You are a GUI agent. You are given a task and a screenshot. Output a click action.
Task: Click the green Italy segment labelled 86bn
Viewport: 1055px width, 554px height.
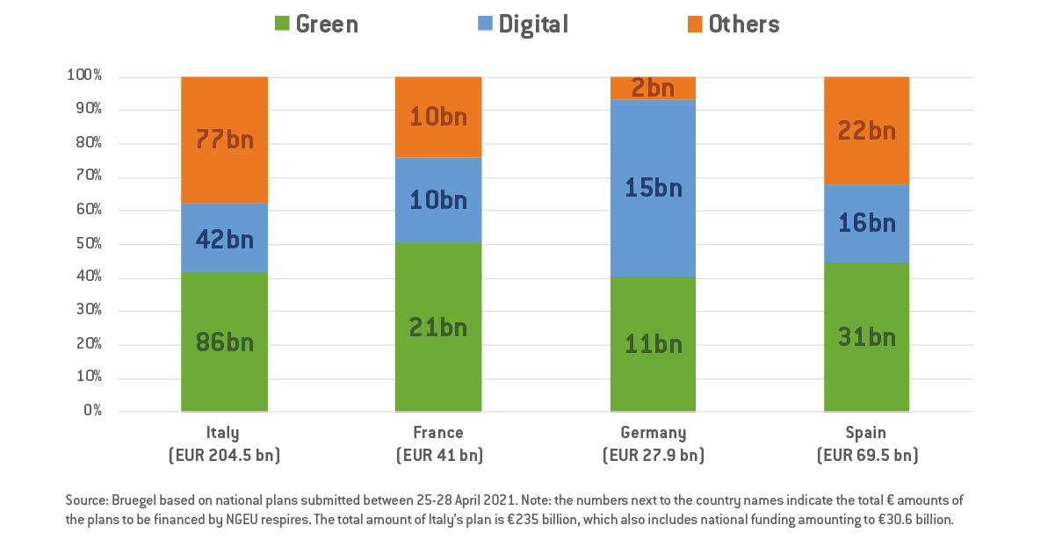(224, 342)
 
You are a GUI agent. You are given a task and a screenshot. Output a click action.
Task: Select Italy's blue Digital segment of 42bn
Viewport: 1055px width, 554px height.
(224, 238)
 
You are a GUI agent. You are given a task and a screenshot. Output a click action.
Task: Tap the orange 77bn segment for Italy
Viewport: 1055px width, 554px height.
(224, 140)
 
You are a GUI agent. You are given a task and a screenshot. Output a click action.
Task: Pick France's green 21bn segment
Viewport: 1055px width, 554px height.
(438, 327)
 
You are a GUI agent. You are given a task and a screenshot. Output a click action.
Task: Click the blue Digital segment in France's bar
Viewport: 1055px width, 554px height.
(438, 199)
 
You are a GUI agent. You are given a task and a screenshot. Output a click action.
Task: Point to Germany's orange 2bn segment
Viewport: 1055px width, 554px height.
(653, 88)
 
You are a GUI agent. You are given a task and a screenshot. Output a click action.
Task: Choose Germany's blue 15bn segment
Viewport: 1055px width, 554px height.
(653, 188)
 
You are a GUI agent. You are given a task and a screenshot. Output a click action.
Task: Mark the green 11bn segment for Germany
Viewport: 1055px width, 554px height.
(653, 344)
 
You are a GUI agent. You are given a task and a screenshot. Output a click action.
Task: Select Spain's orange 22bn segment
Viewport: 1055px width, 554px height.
(866, 130)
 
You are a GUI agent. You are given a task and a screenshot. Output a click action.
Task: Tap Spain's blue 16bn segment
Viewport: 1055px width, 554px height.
(866, 223)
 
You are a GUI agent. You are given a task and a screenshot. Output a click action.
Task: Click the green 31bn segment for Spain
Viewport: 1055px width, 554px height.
(866, 337)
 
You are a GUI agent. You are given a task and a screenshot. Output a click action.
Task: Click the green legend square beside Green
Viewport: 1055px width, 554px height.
(282, 25)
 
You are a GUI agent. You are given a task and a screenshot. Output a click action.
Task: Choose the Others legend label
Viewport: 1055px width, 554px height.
(743, 25)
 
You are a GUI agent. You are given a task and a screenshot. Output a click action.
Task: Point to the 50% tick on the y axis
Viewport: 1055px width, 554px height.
(85, 244)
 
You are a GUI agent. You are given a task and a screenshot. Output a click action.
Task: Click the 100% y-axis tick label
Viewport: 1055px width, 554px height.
(83, 76)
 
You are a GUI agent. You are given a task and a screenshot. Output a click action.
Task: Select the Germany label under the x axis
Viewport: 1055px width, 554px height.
(653, 433)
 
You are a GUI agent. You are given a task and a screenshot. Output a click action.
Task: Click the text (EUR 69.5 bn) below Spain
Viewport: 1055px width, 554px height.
(866, 456)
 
